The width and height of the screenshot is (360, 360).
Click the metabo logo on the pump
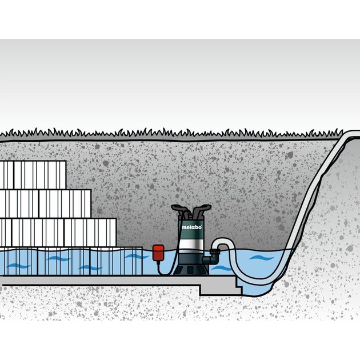click(x=191, y=228)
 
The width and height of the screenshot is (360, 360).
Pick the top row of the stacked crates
click(x=33, y=175)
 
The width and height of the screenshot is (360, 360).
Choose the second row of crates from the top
click(x=45, y=203)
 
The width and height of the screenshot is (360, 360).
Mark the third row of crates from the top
click(x=57, y=232)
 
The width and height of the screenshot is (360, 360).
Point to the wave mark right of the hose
click(x=260, y=258)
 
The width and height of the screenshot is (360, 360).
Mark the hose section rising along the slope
click(x=309, y=194)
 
